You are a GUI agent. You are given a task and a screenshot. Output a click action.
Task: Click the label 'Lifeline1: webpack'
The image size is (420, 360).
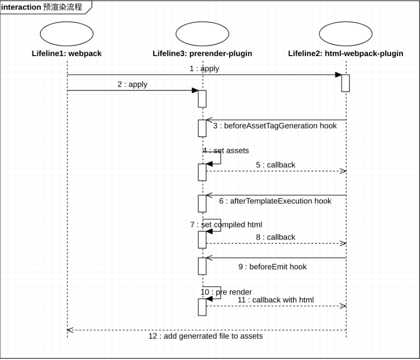[x=67, y=54]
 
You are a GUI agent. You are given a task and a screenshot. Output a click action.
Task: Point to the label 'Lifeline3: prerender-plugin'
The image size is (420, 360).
[x=202, y=54]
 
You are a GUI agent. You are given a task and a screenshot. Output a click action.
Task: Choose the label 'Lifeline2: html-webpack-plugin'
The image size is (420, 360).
[x=346, y=54]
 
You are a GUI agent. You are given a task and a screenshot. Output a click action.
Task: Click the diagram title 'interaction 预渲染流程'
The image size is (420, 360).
[x=41, y=7]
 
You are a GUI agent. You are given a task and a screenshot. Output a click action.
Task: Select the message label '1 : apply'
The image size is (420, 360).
[x=204, y=69]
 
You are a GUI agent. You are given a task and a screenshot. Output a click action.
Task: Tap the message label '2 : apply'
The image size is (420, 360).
[x=132, y=84]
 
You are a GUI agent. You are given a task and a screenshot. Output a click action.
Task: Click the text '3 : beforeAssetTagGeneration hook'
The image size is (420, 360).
[x=275, y=126]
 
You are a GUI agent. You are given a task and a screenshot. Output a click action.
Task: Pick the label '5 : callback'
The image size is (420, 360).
[x=276, y=165]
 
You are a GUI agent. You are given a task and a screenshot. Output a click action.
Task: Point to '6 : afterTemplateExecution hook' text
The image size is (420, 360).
[x=275, y=201]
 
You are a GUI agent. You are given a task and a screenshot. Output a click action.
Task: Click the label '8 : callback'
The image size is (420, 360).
[x=276, y=237]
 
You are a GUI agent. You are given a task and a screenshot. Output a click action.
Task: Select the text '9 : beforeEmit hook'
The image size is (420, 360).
[x=273, y=267]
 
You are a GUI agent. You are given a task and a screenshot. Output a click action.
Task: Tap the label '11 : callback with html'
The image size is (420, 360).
[x=276, y=300]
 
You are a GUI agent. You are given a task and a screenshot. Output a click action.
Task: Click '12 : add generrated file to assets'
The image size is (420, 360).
[x=206, y=336]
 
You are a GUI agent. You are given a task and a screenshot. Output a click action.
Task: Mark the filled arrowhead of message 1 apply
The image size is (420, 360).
[x=339, y=75]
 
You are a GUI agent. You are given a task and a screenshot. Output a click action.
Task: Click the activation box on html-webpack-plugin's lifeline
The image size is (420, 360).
[x=346, y=83]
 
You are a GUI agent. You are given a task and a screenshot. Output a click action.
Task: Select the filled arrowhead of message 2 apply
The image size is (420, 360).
[x=195, y=91]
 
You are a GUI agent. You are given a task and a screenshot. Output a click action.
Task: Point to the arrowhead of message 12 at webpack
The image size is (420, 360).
[x=70, y=330]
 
